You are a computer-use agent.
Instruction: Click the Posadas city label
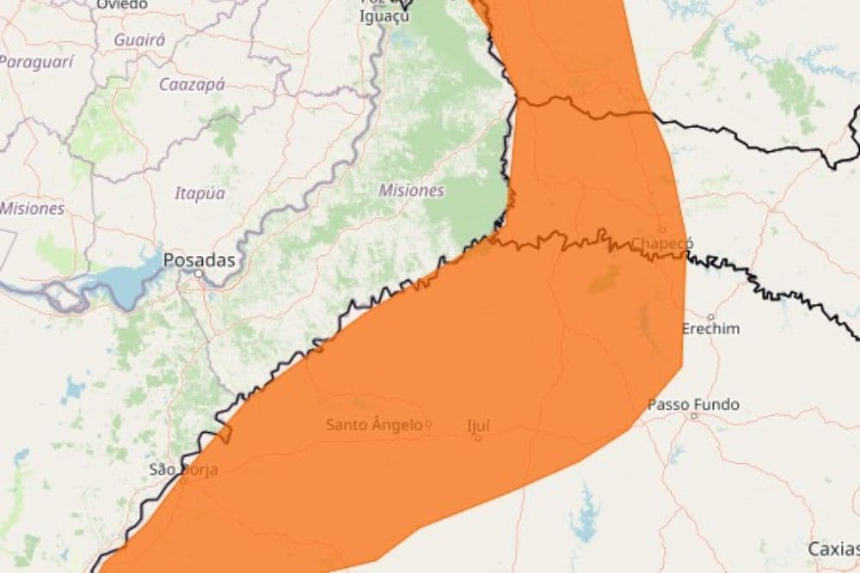tap(199, 259)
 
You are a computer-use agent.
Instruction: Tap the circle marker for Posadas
tap(199, 273)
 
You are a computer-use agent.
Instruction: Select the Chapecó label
tap(662, 243)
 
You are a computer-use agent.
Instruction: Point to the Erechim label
tap(710, 329)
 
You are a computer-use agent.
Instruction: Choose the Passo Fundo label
tap(693, 404)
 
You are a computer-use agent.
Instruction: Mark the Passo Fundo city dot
tap(694, 416)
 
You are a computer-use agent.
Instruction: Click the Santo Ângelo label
tap(374, 424)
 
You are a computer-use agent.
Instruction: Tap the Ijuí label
tap(478, 424)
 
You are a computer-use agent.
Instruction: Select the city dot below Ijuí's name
tap(478, 437)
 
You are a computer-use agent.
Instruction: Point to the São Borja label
tap(183, 469)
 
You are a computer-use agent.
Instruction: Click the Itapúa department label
tap(200, 193)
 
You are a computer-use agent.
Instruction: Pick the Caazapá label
tap(192, 84)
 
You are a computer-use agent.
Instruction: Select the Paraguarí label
tap(36, 61)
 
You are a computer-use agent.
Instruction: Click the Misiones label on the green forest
tap(411, 190)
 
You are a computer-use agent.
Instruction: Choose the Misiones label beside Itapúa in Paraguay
tap(32, 208)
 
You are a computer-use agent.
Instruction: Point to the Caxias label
tap(832, 548)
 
